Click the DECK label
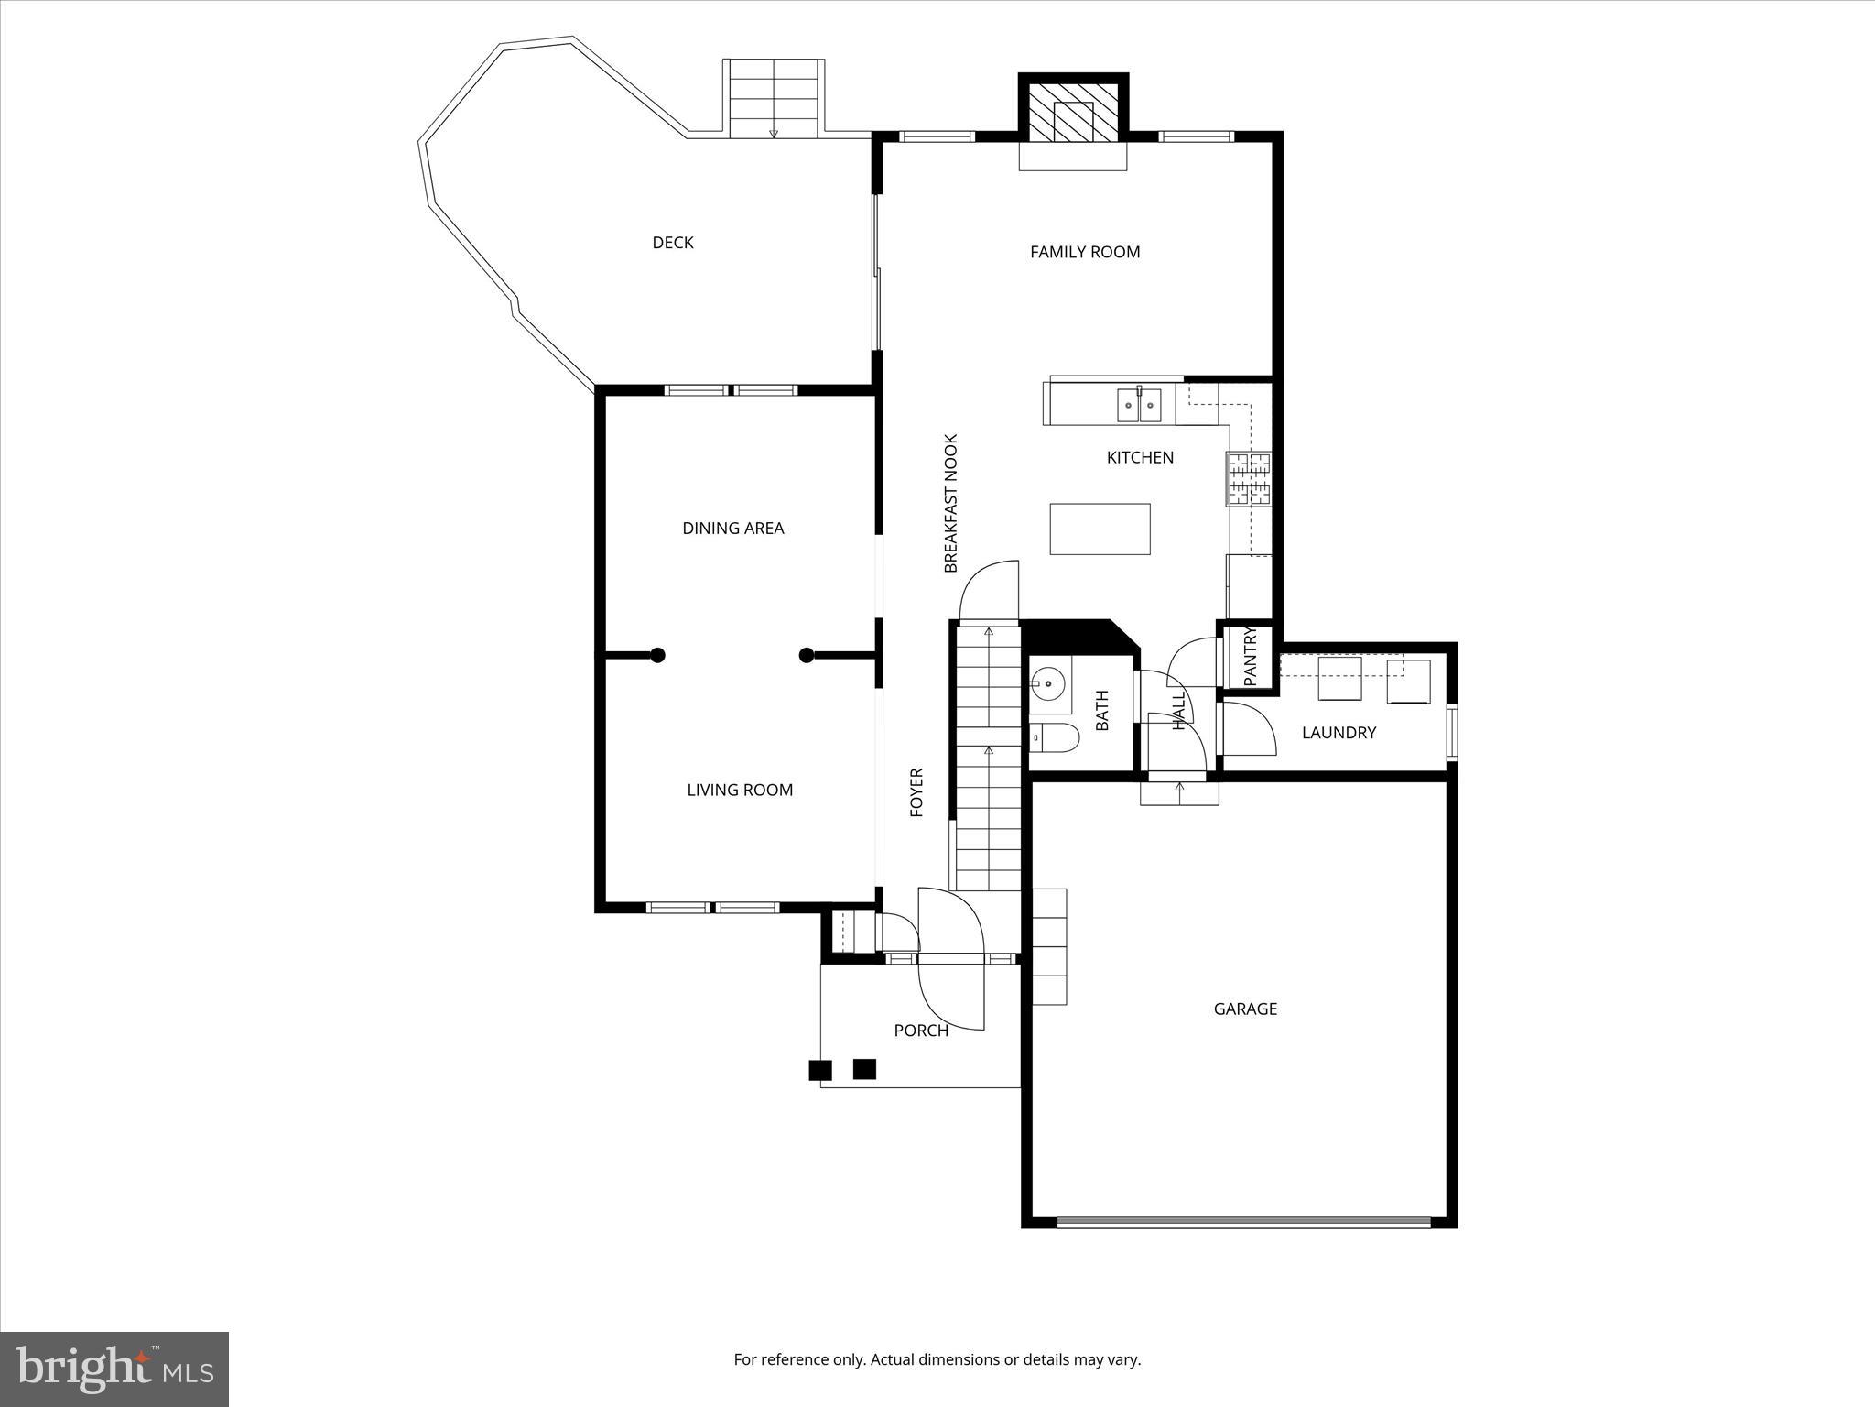point(672,243)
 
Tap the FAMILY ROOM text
point(1085,252)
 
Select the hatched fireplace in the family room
point(1073,113)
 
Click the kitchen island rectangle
point(1100,529)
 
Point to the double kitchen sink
point(1139,404)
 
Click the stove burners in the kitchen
point(1250,479)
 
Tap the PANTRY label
point(1251,655)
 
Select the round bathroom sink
point(1046,683)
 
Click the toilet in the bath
point(1055,736)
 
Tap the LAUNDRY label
point(1339,733)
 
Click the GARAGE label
point(1245,1009)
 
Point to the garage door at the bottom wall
point(1243,1221)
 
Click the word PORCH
point(921,1031)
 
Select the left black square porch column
point(820,1069)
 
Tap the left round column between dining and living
point(657,655)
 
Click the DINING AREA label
point(732,529)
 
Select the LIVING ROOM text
point(740,790)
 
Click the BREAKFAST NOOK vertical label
point(950,504)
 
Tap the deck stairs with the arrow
point(774,98)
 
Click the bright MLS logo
point(114,1369)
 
